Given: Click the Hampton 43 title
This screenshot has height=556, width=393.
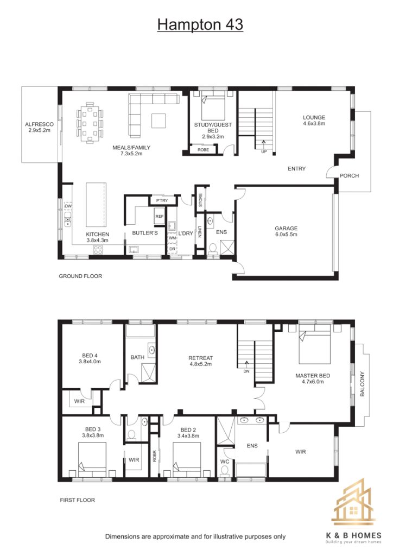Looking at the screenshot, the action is point(200,24).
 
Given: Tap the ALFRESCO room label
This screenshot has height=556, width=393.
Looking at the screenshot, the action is point(39,124).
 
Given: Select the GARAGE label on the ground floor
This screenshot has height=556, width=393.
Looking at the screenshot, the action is point(286,229).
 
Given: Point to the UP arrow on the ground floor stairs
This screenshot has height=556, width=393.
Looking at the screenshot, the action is point(264,144).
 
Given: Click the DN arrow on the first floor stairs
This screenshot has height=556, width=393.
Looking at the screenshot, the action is point(246,365).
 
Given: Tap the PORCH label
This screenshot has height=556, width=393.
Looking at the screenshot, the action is point(349,175).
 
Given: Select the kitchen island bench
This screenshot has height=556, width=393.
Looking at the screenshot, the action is point(96,205).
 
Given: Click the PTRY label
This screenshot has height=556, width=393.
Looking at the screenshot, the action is point(162,201).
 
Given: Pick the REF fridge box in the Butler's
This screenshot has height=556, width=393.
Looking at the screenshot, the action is point(160,216).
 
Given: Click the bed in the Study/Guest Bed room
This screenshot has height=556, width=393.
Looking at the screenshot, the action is point(213,106).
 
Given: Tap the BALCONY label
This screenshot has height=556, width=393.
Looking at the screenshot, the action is point(362,384).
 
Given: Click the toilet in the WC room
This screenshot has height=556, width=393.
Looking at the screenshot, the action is point(224,471).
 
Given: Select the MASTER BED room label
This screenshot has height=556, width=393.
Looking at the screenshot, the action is point(313,376).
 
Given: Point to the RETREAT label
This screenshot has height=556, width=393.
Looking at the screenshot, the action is point(201,358).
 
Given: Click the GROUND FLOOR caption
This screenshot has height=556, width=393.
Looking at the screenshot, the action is point(80,276).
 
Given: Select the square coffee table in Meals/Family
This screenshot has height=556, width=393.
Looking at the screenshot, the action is point(159,121).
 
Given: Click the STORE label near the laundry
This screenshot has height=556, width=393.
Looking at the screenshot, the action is point(201,200).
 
